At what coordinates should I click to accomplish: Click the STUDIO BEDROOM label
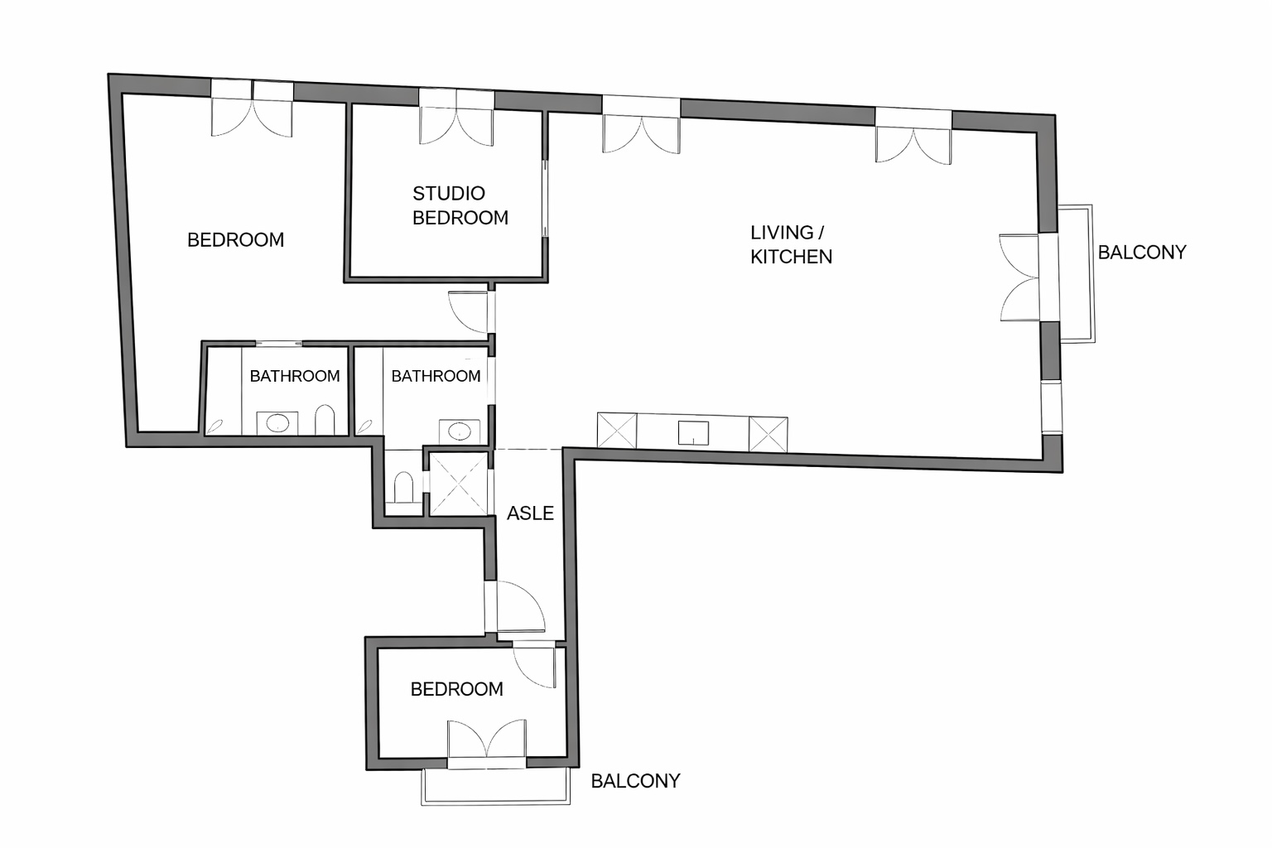click(460, 205)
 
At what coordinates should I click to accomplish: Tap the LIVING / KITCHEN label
click(791, 245)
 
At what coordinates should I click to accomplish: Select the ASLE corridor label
click(530, 513)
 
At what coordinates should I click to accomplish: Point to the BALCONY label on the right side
click(1142, 253)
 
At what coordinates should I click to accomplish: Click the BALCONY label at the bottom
click(635, 781)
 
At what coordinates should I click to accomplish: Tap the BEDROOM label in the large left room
click(236, 239)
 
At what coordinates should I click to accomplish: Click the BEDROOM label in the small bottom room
click(456, 689)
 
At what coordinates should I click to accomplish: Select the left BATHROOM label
click(295, 376)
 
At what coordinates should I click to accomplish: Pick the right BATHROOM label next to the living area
click(436, 376)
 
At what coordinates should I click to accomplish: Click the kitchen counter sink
click(693, 433)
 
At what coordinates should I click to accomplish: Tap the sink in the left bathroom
click(277, 423)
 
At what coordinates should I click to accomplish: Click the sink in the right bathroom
click(460, 431)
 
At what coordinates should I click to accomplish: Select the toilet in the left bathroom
click(325, 420)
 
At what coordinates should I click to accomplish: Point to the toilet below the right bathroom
click(403, 487)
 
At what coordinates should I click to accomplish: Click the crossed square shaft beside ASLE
click(459, 484)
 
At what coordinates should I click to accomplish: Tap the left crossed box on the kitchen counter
click(617, 431)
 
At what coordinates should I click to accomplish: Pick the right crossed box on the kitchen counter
click(768, 435)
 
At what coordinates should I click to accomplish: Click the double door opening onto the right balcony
click(1020, 277)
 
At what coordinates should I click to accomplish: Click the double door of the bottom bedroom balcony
click(486, 739)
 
